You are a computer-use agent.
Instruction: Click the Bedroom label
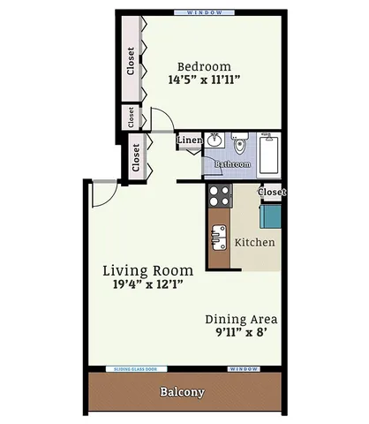point(204,66)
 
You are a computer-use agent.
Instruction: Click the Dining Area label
point(242,319)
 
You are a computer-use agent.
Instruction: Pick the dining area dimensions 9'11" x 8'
point(242,334)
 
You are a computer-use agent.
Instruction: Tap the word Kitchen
point(254,242)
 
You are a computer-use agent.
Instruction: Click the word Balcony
point(183,392)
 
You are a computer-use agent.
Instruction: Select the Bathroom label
point(233,165)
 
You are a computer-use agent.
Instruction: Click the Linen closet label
point(189,140)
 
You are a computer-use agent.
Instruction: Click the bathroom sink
point(215,139)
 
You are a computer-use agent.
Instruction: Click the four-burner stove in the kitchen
point(218,195)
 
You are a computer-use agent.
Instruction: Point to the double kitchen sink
point(218,238)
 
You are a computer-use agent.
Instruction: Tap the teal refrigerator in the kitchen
point(269,216)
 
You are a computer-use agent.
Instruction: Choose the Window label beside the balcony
point(244,368)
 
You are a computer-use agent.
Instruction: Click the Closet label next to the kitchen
point(272,192)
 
